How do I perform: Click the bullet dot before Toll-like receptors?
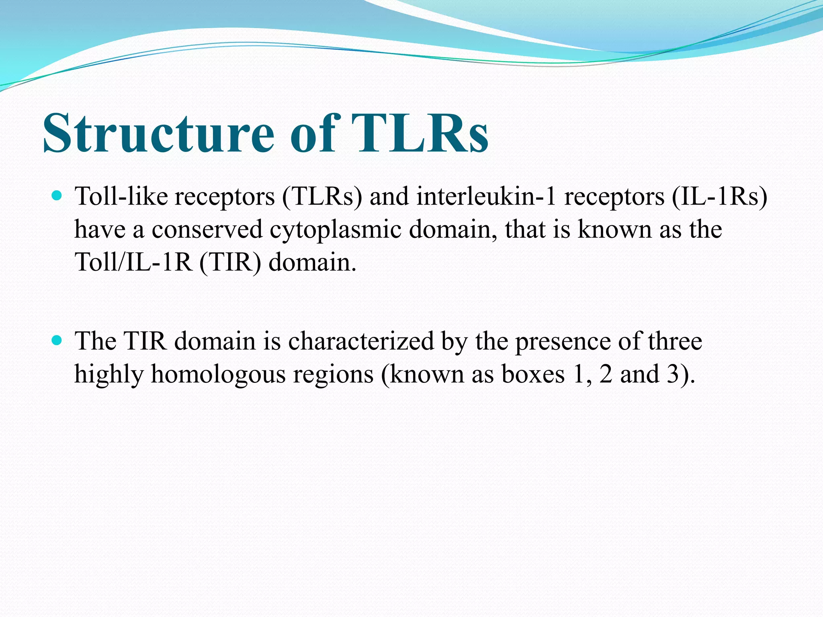click(57, 196)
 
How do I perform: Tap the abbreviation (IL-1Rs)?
click(719, 197)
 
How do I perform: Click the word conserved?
click(207, 230)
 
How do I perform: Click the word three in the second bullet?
click(675, 341)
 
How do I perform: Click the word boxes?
click(533, 374)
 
